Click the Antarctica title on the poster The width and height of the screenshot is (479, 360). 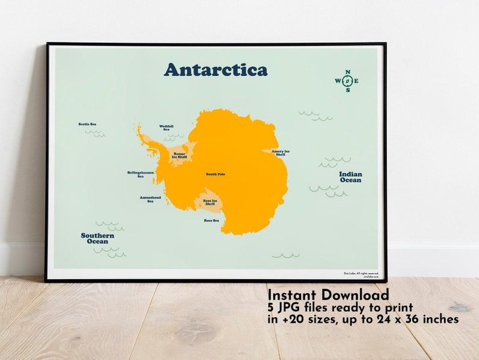[215, 69]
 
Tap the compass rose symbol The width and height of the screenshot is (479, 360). [347, 81]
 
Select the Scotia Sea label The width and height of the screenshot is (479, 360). [87, 124]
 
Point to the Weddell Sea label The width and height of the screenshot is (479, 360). [166, 128]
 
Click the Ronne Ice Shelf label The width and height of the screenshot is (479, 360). [180, 155]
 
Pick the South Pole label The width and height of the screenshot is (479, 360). [215, 174]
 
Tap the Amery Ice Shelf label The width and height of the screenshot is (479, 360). [281, 153]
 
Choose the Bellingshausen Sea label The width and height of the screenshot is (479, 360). [141, 174]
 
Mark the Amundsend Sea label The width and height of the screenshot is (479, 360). [150, 199]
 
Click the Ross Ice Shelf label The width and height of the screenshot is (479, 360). [210, 202]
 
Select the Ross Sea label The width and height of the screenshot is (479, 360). [211, 221]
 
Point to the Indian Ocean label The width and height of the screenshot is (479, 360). [351, 177]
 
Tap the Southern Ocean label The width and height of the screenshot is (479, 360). [97, 238]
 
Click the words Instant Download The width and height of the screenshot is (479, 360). [328, 295]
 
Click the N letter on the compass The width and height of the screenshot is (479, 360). [347, 72]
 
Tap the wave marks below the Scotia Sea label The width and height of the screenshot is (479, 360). [95, 133]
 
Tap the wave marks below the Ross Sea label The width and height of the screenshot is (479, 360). [285, 256]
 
